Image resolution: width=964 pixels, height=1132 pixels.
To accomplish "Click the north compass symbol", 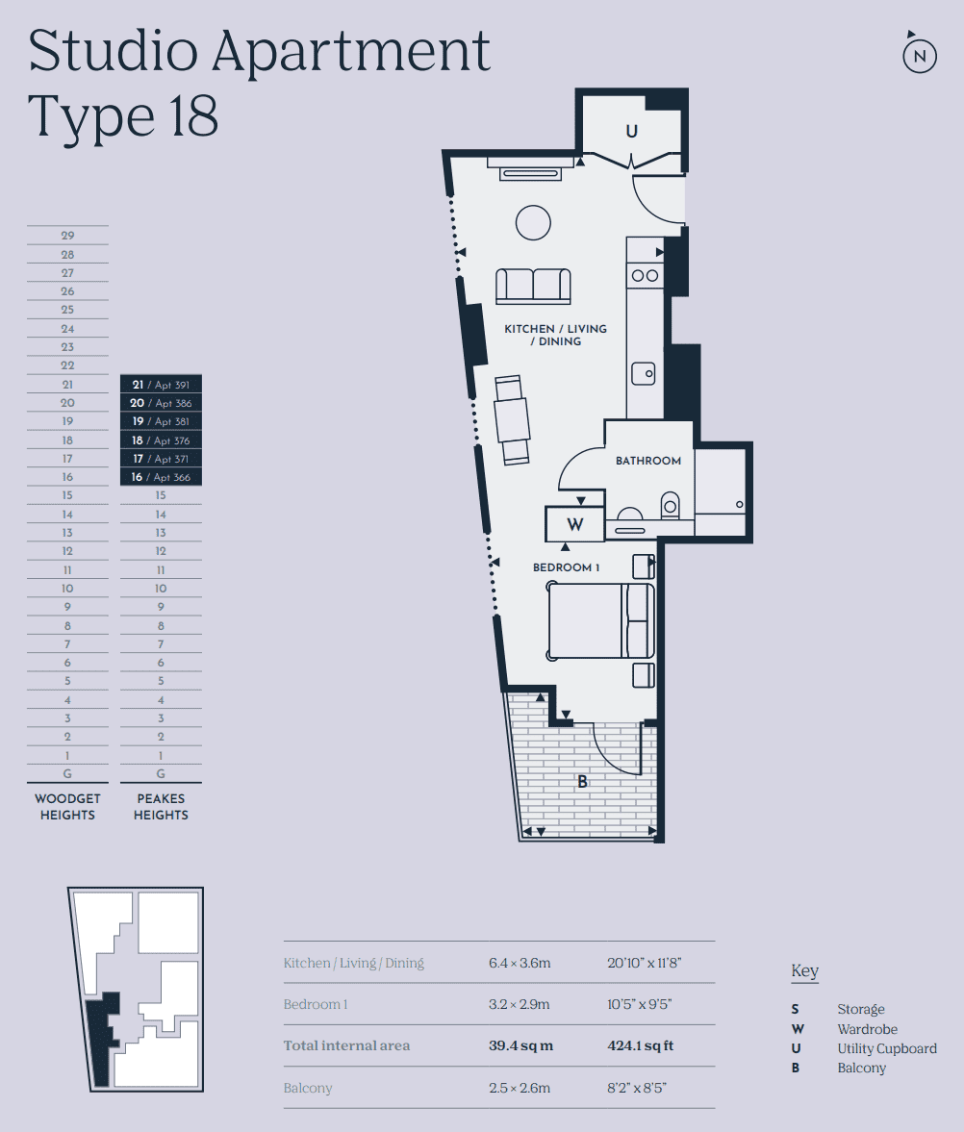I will coord(920,55).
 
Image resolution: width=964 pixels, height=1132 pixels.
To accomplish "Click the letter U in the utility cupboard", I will coord(631,131).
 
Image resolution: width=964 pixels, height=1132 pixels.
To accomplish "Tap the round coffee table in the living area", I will coord(533,223).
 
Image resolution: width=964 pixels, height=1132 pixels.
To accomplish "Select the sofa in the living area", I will coord(533,287).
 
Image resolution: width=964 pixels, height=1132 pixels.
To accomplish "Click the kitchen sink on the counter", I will coord(644,372).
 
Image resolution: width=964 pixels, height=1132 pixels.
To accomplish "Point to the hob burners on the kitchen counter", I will coord(645,276).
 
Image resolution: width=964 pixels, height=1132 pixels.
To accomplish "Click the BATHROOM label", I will coord(647,461).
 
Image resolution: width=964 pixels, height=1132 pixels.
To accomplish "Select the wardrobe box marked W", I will coord(574,525).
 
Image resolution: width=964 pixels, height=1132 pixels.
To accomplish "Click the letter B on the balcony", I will coord(582,782).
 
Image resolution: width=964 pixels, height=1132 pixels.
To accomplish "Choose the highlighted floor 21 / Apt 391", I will coord(161,385).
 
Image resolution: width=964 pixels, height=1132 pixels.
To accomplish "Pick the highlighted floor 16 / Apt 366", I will coord(161,477).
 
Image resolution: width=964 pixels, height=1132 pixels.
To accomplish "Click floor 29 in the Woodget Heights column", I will coord(67,236).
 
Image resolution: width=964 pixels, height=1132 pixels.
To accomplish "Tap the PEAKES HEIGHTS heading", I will coord(161,806).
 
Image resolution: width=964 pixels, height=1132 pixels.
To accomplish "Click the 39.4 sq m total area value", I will coord(520,1045).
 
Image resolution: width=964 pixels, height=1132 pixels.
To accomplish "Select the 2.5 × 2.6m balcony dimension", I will coord(520,1088).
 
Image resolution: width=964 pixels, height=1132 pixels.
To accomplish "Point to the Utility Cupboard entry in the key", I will coord(886,1048).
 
